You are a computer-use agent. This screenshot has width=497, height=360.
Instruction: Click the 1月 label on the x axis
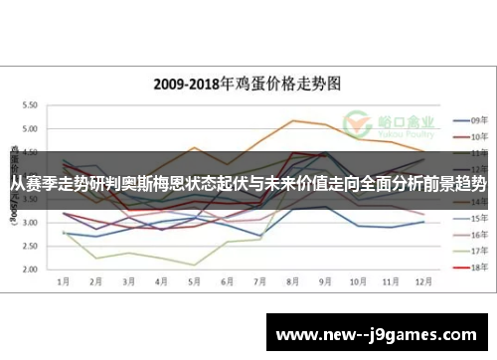point(63,281)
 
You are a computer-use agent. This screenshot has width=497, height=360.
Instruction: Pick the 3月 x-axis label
point(128,281)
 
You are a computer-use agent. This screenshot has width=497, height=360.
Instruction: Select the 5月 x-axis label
point(194,281)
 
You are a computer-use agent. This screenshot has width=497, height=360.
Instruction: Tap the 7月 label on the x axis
point(259,281)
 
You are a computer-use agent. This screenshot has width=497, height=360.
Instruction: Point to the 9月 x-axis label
point(325,281)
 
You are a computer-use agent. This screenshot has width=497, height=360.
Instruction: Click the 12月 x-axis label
point(423,281)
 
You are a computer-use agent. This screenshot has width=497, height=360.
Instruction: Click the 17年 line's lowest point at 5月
point(194,265)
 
